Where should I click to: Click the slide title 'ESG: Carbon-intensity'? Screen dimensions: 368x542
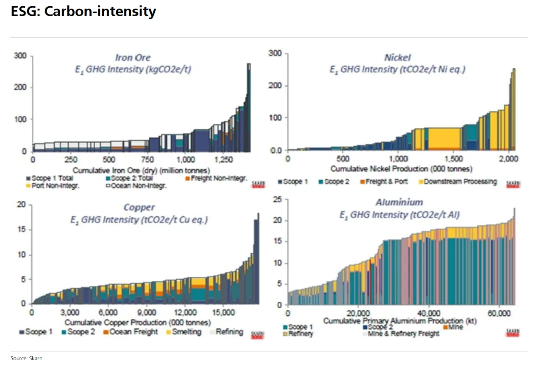(x=83, y=11)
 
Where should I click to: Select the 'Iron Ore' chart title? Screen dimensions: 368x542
(x=133, y=57)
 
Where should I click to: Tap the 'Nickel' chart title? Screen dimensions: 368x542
(x=397, y=57)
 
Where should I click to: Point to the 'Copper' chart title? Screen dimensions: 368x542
(x=139, y=207)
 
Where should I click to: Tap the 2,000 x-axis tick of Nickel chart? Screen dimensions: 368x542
(x=508, y=159)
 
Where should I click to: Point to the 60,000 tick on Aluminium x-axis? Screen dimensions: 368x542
(x=498, y=312)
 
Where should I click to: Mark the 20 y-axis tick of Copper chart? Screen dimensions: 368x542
(x=21, y=204)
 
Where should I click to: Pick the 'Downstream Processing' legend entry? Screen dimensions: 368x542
(x=457, y=181)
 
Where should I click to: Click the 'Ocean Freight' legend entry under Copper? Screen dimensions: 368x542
(x=130, y=332)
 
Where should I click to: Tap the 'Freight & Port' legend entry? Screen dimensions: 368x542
(x=385, y=181)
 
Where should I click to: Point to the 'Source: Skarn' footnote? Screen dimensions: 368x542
(x=27, y=358)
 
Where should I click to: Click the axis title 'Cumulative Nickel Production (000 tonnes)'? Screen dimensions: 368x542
(x=398, y=169)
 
